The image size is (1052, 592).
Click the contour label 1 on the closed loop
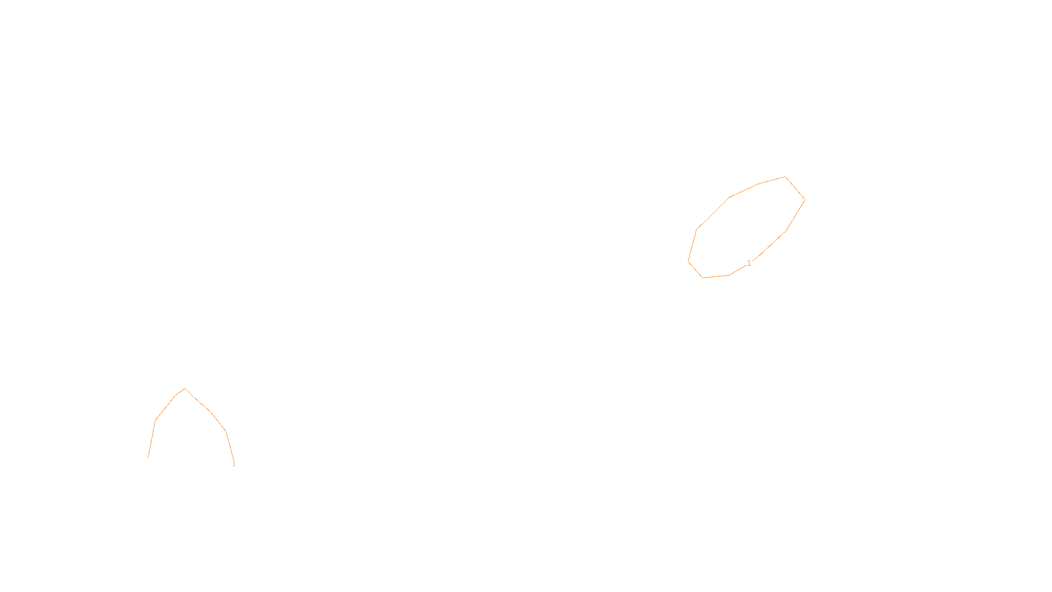[x=749, y=263]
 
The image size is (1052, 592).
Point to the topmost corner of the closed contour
[x=785, y=176]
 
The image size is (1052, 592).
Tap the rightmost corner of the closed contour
[x=805, y=199]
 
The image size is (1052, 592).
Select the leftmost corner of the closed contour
[x=688, y=261]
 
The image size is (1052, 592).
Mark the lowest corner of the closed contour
[x=704, y=278]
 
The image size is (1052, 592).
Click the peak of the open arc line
[x=185, y=388]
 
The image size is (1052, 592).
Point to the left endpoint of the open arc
[x=149, y=457]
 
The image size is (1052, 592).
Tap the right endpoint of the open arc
[x=234, y=465]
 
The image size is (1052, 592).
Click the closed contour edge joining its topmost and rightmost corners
[x=795, y=188]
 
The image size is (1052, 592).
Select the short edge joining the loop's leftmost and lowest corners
[x=696, y=270]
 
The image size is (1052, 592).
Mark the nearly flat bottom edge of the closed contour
[x=717, y=276]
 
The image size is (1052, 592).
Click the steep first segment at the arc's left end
[x=152, y=438]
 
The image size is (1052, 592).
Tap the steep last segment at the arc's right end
[x=230, y=448]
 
